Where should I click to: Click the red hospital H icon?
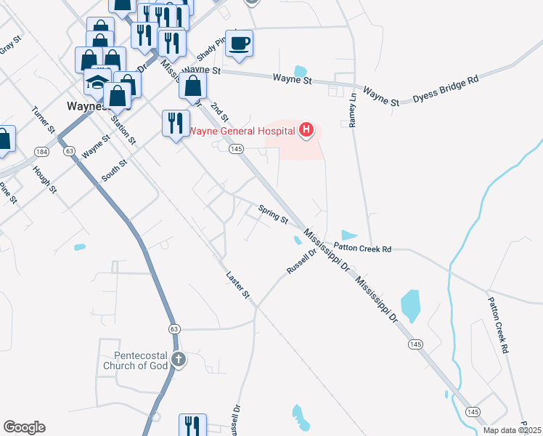pyautogui.click(x=306, y=130)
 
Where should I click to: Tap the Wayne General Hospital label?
pyautogui.click(x=242, y=131)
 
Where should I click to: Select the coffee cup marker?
pyautogui.click(x=239, y=43)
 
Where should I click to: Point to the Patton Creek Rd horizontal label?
pyautogui.click(x=362, y=249)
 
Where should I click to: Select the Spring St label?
pyautogui.click(x=274, y=214)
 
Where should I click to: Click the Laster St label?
pyautogui.click(x=237, y=285)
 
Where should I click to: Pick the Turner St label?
pyautogui.click(x=44, y=120)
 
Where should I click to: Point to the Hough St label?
pyautogui.click(x=44, y=179)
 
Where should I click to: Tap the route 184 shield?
pyautogui.click(x=41, y=151)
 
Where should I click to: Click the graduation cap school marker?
pyautogui.click(x=97, y=83)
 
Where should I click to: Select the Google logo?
pyautogui.click(x=24, y=427)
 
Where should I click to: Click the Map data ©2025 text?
pyautogui.click(x=511, y=430)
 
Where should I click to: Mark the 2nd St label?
pyautogui.click(x=219, y=111)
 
